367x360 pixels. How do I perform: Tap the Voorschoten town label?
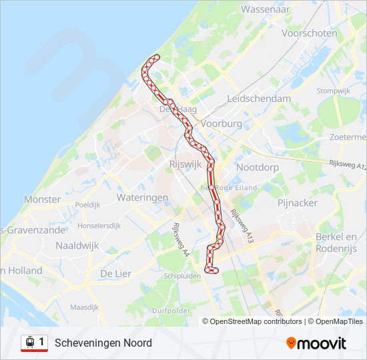point(310,33)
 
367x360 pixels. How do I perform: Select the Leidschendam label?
point(260,98)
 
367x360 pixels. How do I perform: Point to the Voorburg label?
point(221,124)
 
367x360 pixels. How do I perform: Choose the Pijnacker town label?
point(298,202)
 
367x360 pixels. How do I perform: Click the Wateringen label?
point(142,197)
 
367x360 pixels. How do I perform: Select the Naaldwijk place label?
point(77,245)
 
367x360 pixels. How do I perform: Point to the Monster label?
point(42,199)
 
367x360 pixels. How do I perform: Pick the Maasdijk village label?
point(84,307)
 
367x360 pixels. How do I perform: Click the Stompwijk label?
point(334,91)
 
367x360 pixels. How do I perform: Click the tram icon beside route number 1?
point(29,343)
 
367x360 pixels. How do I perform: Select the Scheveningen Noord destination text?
point(103,343)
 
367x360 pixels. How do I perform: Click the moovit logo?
point(316,343)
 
